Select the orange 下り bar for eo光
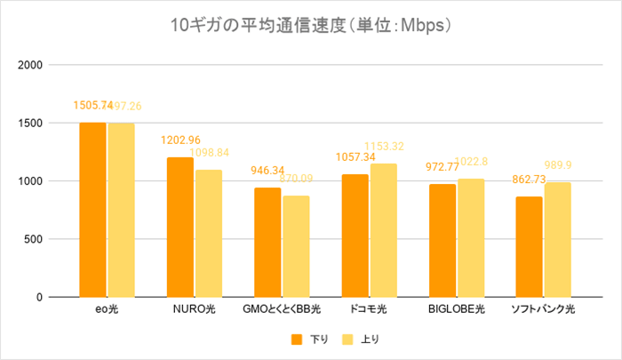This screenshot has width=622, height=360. point(92,209)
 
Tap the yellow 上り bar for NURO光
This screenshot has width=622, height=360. point(208,233)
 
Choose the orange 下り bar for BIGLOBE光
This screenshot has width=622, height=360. point(442,240)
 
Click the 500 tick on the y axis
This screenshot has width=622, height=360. point(35,239)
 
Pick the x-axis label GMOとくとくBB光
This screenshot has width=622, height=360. point(282,309)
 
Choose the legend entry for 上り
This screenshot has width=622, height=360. point(363,339)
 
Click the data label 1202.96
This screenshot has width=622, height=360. point(179,140)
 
